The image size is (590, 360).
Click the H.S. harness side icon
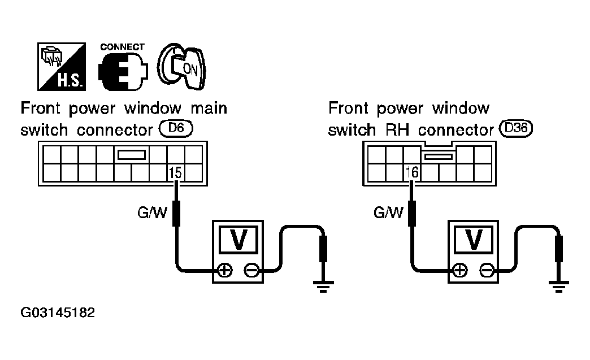pyautogui.click(x=62, y=67)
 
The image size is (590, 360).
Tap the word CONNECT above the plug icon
pyautogui.click(x=122, y=47)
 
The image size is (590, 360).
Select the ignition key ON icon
pyautogui.click(x=182, y=67)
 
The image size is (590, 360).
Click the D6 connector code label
pyautogui.click(x=176, y=128)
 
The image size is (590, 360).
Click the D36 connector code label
pyautogui.click(x=516, y=128)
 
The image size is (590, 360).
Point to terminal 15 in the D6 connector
pyautogui.click(x=175, y=173)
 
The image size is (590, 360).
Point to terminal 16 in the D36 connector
pyautogui.click(x=412, y=173)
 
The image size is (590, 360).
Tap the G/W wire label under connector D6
pyautogui.click(x=152, y=212)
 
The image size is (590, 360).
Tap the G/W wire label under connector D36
pyautogui.click(x=388, y=212)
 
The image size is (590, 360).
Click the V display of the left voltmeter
pyautogui.click(x=238, y=240)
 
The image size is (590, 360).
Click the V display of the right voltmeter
pyautogui.click(x=474, y=240)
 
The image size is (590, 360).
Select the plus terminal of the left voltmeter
pyautogui.click(x=225, y=270)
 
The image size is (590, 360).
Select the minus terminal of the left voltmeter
pyautogui.click(x=251, y=270)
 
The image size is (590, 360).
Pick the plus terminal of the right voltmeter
pyautogui.click(x=461, y=270)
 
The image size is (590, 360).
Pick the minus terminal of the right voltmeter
pyautogui.click(x=487, y=270)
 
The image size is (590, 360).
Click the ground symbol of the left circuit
pyautogui.click(x=323, y=287)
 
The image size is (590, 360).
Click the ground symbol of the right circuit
pyautogui.click(x=559, y=287)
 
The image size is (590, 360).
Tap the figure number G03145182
pyautogui.click(x=58, y=313)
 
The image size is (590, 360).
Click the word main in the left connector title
pyautogui.click(x=209, y=109)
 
